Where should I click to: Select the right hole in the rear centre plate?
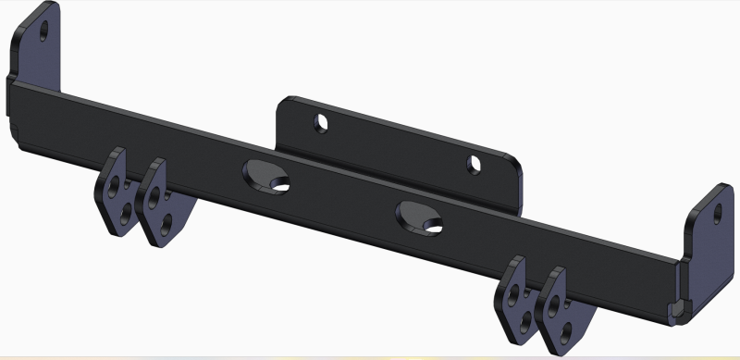pyautogui.click(x=475, y=164)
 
